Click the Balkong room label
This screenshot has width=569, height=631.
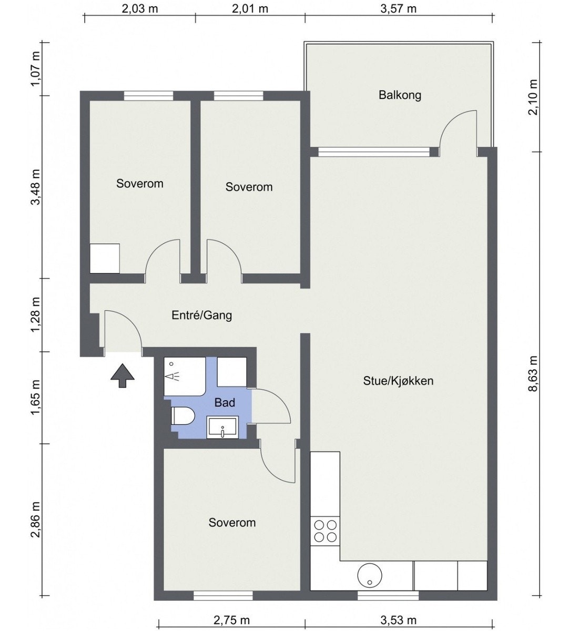[x=400, y=95]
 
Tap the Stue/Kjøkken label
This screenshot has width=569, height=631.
[x=398, y=381]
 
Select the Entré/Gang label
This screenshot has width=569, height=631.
[x=202, y=315]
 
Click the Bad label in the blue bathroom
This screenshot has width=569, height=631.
[x=225, y=402]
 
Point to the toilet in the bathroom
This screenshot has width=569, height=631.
[x=183, y=416]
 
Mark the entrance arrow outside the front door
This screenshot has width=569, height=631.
[x=123, y=375]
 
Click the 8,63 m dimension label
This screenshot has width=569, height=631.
[x=533, y=374]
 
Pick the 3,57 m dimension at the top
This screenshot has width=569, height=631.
[x=399, y=9]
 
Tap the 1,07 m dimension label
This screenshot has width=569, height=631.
[x=35, y=69]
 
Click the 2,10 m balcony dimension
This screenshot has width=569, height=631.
[x=533, y=97]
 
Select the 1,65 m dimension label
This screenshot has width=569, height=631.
[x=35, y=398]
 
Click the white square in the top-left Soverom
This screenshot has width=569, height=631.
[x=105, y=258]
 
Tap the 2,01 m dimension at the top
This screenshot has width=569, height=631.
[x=250, y=9]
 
